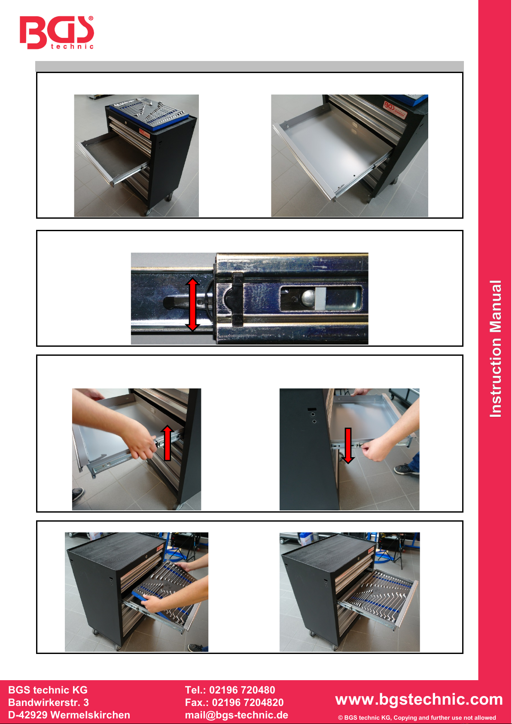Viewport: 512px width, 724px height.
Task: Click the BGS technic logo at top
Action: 57,32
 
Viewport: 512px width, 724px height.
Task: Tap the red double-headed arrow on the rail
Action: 192,304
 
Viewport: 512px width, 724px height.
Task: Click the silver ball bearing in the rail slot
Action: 308,297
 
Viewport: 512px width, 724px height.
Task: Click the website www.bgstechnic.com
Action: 419,699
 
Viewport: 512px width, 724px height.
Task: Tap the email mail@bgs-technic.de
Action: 237,715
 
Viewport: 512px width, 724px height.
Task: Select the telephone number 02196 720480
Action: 242,690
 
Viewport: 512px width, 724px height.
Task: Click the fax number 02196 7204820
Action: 248,703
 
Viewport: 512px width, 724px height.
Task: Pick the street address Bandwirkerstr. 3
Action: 49,703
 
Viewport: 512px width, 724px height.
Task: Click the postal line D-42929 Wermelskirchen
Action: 69,715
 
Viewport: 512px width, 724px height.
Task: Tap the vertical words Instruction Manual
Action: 496,349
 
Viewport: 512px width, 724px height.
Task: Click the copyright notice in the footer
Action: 417,718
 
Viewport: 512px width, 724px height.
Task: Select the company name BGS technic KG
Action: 48,690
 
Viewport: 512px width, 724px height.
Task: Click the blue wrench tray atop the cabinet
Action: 149,114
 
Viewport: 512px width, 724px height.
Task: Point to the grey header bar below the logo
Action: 250,66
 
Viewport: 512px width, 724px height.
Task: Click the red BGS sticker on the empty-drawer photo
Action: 395,110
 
